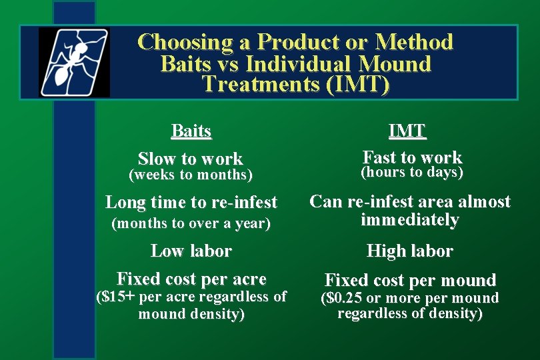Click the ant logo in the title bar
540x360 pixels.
[x=73, y=63]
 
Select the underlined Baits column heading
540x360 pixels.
[x=191, y=131]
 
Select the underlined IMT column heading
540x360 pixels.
[x=407, y=131]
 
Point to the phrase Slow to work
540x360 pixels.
[x=190, y=159]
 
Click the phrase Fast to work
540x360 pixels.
[x=412, y=157]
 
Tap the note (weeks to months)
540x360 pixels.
[x=190, y=175]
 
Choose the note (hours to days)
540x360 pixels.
[x=411, y=173]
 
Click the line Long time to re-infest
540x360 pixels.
[x=191, y=202]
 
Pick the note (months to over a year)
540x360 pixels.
[x=191, y=224]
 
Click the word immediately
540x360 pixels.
[x=409, y=220]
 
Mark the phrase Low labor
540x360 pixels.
[x=191, y=251]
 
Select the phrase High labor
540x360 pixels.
[x=409, y=251]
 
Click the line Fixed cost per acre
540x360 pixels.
[x=191, y=279]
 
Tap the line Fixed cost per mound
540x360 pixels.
[x=410, y=280]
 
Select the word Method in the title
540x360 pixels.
[x=414, y=43]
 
